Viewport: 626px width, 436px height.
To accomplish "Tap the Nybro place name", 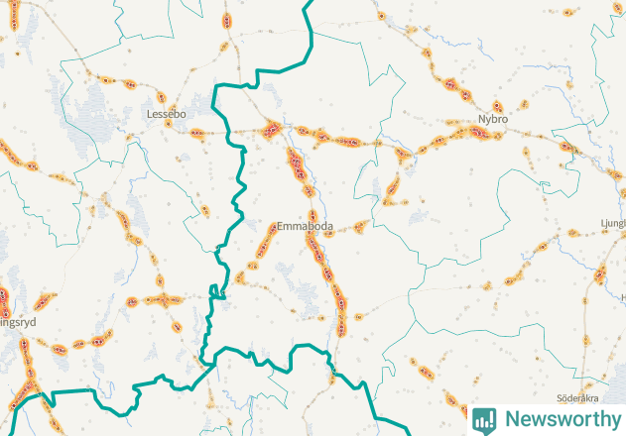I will pos(492,119).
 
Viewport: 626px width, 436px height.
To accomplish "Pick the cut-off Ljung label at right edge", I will pos(613,224).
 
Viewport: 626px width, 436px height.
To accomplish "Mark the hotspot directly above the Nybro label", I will pos(498,105).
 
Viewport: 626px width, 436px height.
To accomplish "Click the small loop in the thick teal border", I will pos(214,291).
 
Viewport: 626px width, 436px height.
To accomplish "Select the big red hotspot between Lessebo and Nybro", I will pos(272,128).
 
